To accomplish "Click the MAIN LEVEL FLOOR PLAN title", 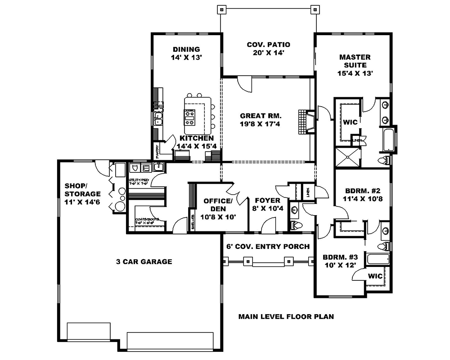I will (x=286, y=316).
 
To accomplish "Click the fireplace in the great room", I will (x=305, y=121).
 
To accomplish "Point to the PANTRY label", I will (x=157, y=149).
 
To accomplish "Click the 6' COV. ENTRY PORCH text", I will (x=268, y=246).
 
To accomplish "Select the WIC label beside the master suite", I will (x=350, y=122).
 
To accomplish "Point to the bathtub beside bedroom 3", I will (x=377, y=260).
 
